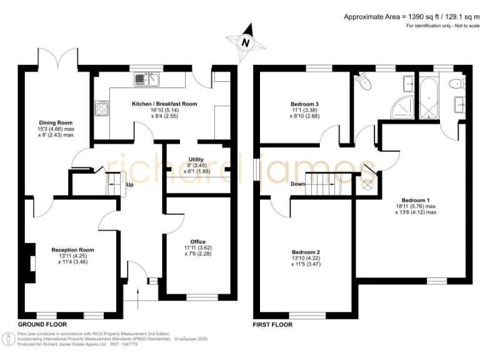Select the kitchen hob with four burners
[101, 109]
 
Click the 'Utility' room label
[196, 160]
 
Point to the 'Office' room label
[198, 241]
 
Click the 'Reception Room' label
[72, 249]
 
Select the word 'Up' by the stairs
[130, 185]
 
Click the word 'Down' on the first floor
[298, 184]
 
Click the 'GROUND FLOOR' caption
[42, 325]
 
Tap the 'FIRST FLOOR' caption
[272, 325]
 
